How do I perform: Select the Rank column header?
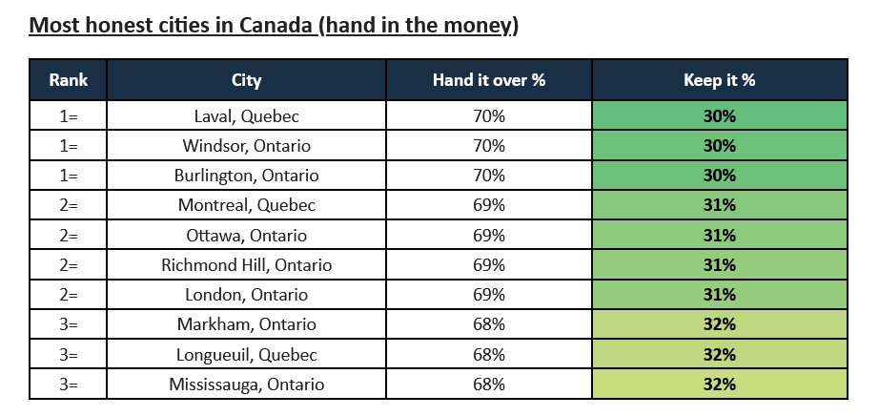[x=68, y=80]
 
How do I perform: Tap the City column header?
[x=246, y=80]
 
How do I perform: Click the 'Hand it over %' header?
[x=489, y=80]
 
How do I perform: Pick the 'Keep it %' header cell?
[x=719, y=80]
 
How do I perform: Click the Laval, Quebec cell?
[x=246, y=115]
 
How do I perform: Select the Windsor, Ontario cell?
[x=246, y=145]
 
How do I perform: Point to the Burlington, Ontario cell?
[x=246, y=176]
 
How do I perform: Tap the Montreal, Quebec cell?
[x=246, y=205]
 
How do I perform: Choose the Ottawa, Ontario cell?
[x=246, y=235]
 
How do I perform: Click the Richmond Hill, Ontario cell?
[x=246, y=264]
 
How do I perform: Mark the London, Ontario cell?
[x=246, y=294]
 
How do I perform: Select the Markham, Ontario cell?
[x=246, y=324]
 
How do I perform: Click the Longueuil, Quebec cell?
[x=246, y=354]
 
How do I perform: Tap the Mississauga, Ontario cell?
[x=246, y=384]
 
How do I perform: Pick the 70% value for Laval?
[x=489, y=115]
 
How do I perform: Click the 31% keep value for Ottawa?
[x=719, y=235]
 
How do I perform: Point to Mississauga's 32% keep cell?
[x=719, y=384]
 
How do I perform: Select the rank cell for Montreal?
[x=68, y=205]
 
